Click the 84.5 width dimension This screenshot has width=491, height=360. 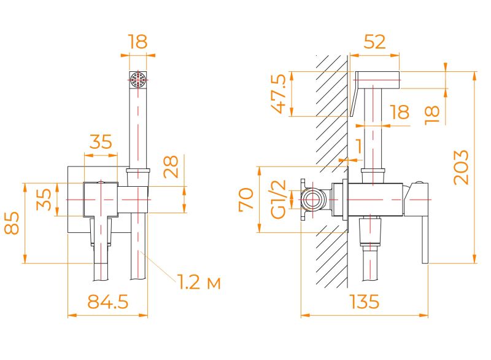click(x=108, y=302)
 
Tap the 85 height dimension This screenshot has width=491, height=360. click(x=12, y=222)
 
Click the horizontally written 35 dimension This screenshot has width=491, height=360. click(x=101, y=142)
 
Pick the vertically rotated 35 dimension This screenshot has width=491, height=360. click(x=44, y=200)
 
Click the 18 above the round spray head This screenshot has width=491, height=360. click(x=139, y=42)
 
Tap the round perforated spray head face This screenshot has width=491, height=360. click(x=139, y=80)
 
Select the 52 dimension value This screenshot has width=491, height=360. click(x=375, y=42)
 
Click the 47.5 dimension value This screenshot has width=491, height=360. click(x=279, y=94)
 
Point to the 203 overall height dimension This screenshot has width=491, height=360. click(x=461, y=166)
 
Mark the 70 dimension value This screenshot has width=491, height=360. click(x=246, y=200)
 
